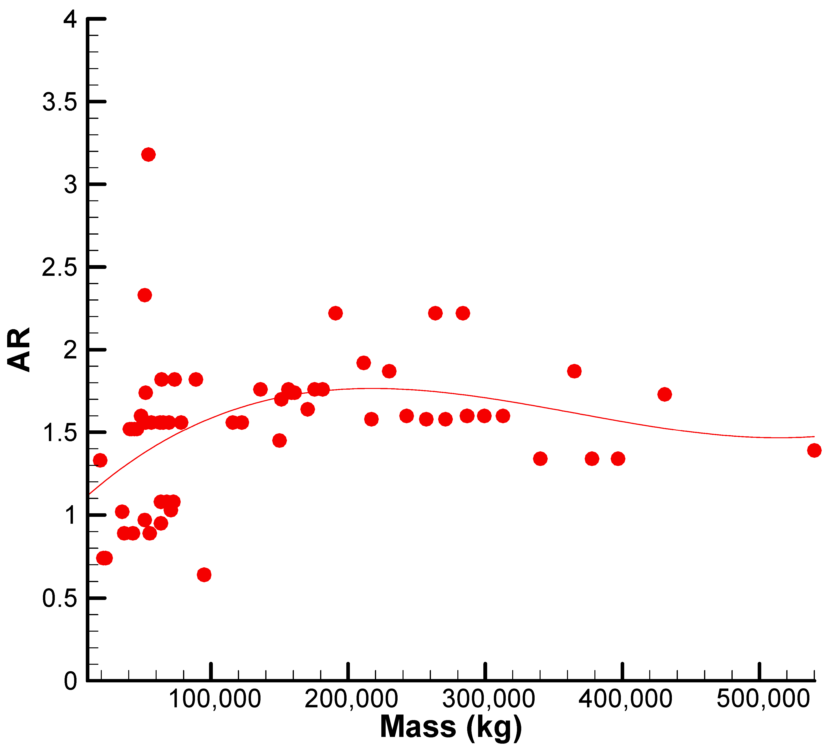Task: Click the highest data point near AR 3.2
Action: click(x=148, y=155)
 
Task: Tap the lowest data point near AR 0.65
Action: click(x=204, y=574)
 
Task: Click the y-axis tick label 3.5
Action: click(x=60, y=102)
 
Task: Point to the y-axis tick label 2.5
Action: click(x=60, y=267)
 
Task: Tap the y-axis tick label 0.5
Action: click(x=60, y=598)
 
